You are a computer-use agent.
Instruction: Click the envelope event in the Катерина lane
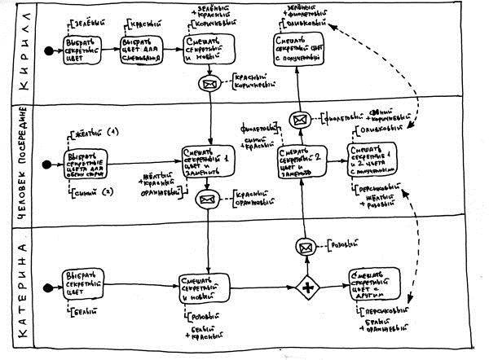[x=306, y=246]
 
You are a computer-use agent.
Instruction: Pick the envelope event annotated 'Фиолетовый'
[x=299, y=120]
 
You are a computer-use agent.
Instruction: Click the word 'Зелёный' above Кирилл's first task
[x=88, y=18]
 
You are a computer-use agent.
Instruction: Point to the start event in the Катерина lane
[x=50, y=287]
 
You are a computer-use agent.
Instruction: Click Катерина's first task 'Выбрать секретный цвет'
[x=83, y=285]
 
